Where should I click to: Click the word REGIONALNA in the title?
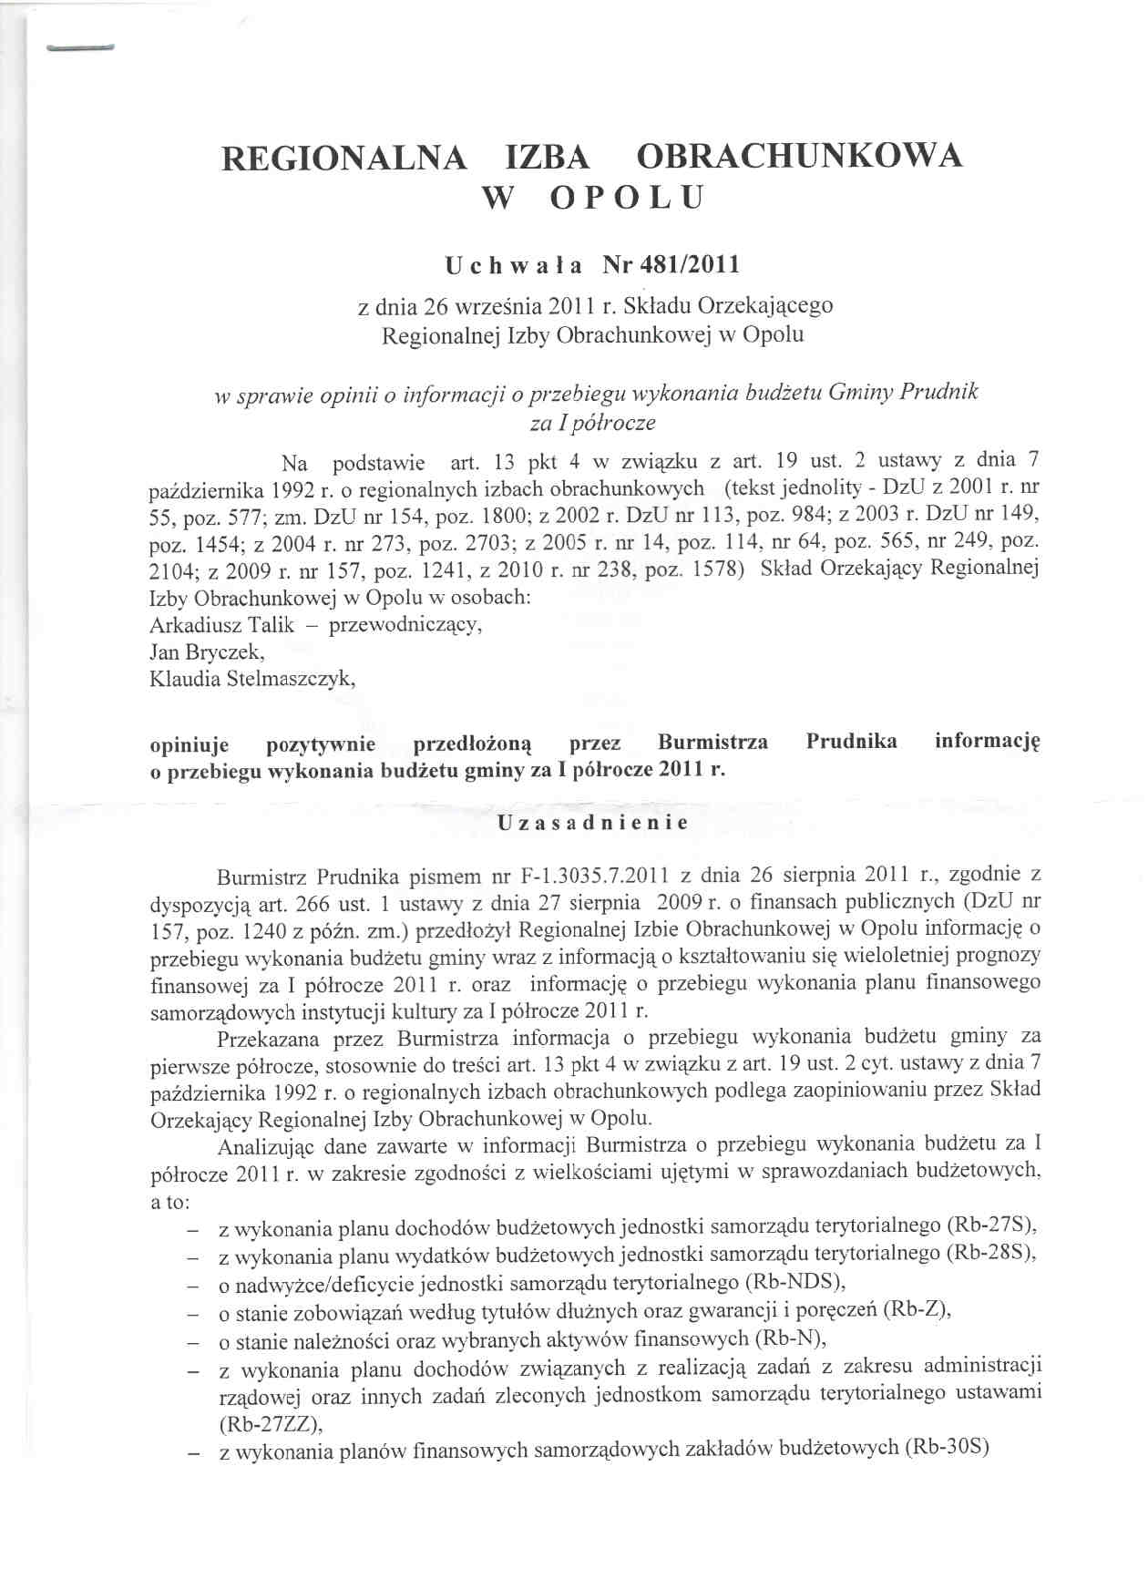point(345,157)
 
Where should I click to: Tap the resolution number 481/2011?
point(671,265)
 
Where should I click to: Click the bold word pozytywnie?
point(321,743)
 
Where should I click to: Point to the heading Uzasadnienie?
point(593,823)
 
